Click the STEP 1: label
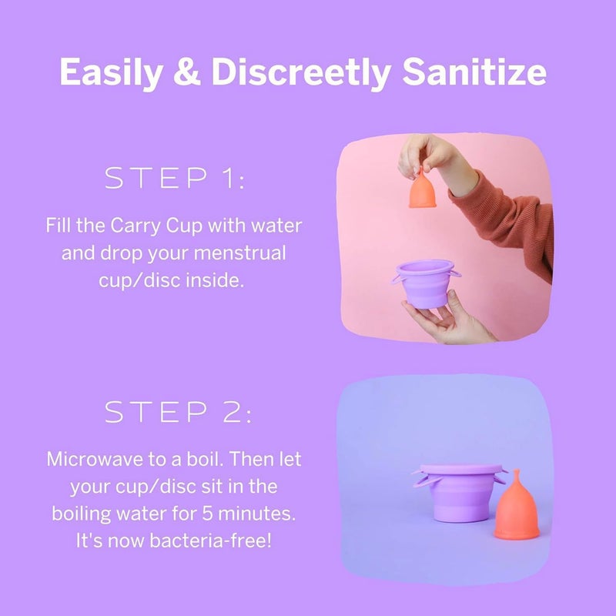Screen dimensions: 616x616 (174, 179)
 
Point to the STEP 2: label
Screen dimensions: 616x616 (178, 413)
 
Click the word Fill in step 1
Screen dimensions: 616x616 (59, 227)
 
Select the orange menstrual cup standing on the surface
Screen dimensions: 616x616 (514, 516)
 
